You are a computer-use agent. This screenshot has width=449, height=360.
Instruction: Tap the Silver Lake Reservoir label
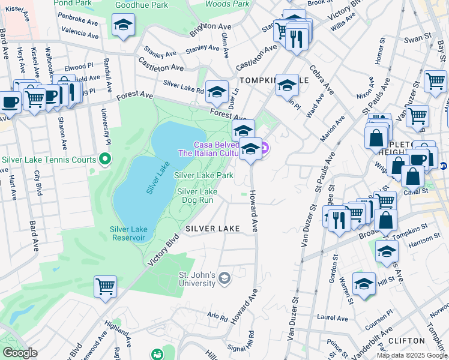tap(128, 233)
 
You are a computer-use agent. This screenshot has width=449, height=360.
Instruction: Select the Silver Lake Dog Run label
tap(197, 196)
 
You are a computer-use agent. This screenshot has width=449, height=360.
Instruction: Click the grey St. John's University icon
tap(224, 277)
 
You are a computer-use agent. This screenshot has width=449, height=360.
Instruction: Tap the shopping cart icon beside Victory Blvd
tap(106, 287)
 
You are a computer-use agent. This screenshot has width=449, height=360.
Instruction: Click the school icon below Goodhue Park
tap(124, 25)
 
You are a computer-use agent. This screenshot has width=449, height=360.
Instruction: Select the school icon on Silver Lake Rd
tap(217, 92)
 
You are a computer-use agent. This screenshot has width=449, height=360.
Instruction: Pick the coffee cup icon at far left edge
tap(9, 102)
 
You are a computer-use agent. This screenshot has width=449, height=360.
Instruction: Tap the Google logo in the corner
tap(20, 353)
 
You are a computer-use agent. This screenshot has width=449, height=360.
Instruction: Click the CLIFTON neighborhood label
tap(407, 340)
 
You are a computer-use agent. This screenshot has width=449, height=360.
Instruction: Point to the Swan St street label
tap(414, 40)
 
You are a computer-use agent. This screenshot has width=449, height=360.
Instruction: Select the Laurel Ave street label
tap(333, 317)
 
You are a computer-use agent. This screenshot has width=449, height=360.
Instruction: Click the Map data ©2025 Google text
tap(412, 355)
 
